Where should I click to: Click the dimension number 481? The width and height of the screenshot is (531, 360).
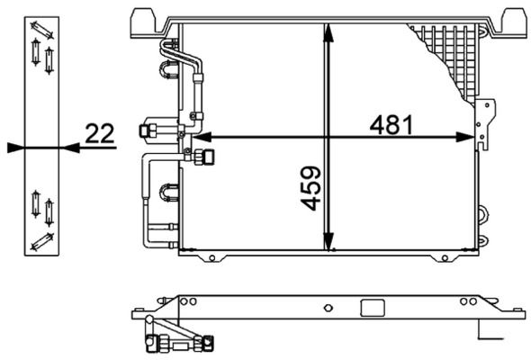click(391, 124)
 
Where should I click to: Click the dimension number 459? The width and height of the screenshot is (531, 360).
click(310, 188)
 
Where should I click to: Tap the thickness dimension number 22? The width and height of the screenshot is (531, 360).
click(100, 133)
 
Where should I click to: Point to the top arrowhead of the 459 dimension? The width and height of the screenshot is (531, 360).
click(328, 33)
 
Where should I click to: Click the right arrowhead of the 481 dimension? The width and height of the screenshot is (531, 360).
click(465, 137)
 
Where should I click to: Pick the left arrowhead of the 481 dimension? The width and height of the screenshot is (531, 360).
click(202, 137)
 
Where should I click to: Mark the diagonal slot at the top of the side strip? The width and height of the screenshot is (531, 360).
click(42, 31)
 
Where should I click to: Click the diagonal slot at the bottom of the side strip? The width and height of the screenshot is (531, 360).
click(42, 242)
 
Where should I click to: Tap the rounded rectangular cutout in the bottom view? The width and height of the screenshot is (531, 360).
click(373, 308)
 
